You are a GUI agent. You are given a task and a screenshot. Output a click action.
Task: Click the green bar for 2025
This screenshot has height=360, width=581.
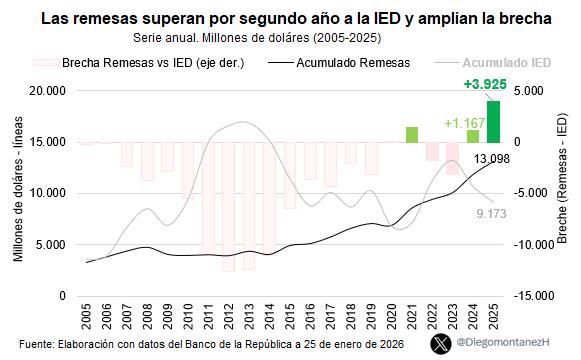494,121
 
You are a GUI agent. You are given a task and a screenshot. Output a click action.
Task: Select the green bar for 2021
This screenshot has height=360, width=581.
412,134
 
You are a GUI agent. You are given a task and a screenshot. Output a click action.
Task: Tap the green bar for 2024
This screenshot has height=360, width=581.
473,136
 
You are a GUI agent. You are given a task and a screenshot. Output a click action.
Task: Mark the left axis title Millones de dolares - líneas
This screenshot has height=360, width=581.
18,193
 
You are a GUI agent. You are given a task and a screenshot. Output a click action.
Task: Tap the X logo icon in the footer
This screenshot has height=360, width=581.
439,343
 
